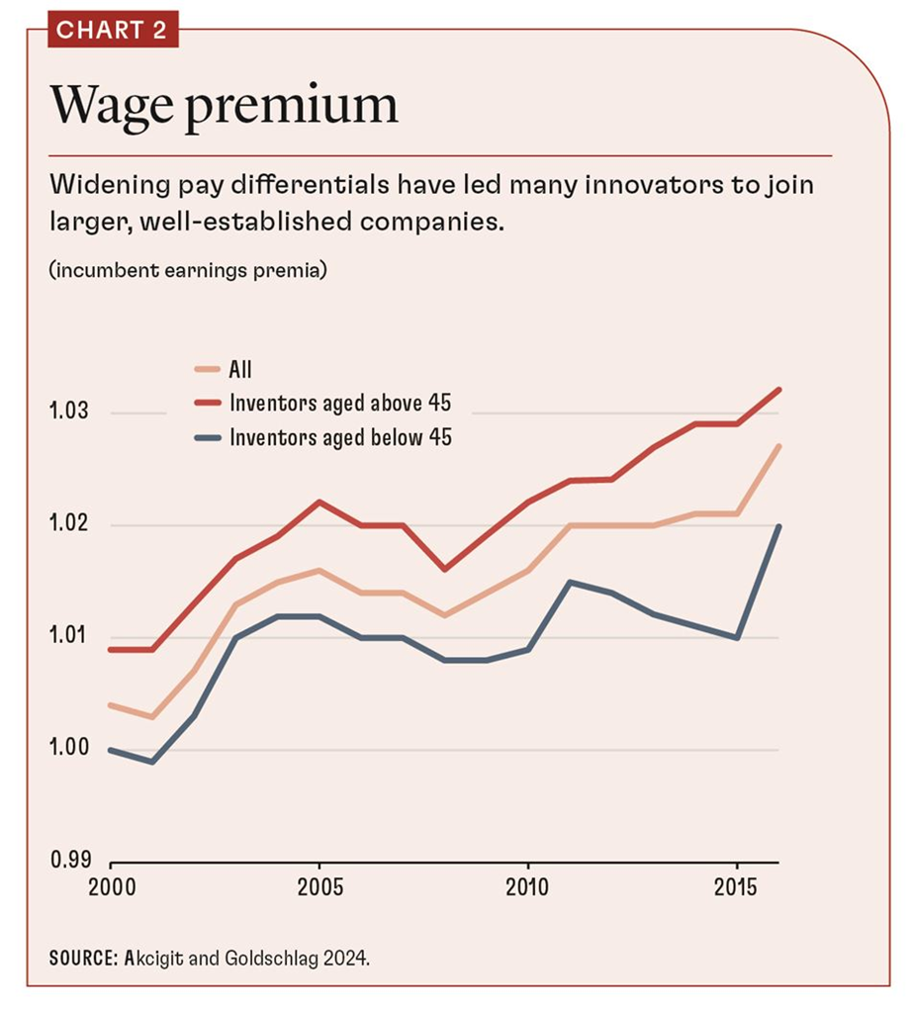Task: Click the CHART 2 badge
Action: pos(111,30)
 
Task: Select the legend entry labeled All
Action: pos(239,371)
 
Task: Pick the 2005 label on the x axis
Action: pos(319,883)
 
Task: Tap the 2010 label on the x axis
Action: pos(527,883)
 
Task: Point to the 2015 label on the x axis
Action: pos(736,883)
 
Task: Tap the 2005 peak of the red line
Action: pos(319,502)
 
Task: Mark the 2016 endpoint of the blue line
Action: pos(778,526)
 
